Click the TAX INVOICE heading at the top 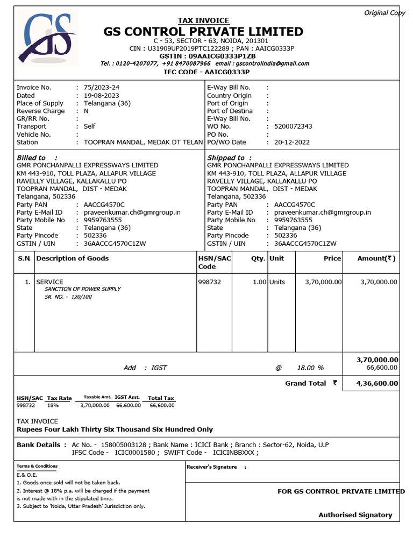[x=203, y=20]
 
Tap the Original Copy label [x=384, y=13]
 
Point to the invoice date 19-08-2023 [x=100, y=95]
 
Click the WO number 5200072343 [x=293, y=126]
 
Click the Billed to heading [x=31, y=158]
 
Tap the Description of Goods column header [x=73, y=258]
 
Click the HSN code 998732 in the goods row [x=209, y=282]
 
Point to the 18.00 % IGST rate [x=310, y=368]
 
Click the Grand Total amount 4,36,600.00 [x=377, y=384]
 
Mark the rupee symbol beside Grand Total [x=335, y=383]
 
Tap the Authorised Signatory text [x=355, y=515]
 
